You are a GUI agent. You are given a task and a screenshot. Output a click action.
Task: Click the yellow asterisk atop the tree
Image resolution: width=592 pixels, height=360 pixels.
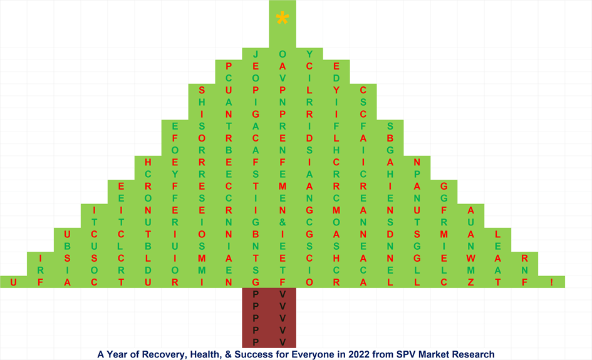coord(282,18)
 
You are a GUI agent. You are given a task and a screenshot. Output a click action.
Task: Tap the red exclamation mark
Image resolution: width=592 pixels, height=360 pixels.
coord(551,282)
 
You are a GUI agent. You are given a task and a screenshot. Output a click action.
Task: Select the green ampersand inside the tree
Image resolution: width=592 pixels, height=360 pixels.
coord(283,222)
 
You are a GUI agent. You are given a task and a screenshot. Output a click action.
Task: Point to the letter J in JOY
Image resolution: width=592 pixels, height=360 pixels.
coord(256,54)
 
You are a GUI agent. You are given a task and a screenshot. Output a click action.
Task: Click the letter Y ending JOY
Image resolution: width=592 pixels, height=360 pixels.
coord(309,54)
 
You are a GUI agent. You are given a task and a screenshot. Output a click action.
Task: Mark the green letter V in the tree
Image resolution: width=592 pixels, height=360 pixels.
coord(283,78)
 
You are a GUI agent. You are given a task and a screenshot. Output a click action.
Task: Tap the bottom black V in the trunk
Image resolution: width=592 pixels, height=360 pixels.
coord(283,341)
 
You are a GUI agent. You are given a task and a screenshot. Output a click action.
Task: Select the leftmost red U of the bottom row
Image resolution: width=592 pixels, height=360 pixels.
coord(13,282)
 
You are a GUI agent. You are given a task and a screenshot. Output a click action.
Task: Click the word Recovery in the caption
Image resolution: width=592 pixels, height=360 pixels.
coord(156,354)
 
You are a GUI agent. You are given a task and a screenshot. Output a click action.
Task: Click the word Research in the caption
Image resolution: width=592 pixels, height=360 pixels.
coord(472,354)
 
